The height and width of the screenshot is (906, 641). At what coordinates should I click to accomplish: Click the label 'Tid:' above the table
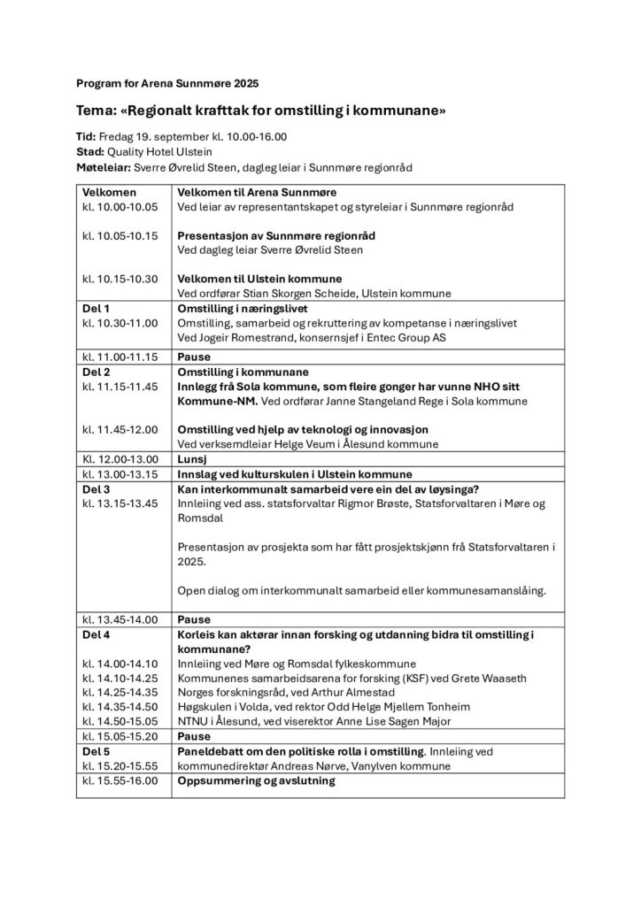[87, 137]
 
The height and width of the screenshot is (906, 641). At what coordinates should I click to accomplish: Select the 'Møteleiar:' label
[104, 166]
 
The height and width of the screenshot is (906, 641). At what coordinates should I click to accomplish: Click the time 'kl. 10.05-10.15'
[120, 236]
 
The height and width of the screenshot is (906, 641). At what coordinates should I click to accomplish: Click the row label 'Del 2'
[96, 372]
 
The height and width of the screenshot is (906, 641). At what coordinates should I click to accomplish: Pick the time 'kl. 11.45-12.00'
[120, 429]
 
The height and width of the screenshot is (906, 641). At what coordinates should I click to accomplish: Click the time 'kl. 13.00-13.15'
[120, 473]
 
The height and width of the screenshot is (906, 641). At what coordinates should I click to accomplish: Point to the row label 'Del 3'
[96, 488]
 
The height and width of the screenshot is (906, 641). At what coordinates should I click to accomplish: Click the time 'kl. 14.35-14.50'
[120, 707]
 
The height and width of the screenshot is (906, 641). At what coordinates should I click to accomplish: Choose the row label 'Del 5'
[96, 751]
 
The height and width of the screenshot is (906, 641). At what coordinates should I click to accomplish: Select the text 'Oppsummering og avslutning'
[257, 780]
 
